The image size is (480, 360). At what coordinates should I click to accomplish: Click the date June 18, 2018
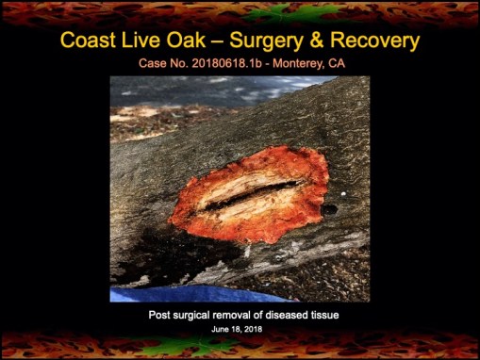pyautogui.click(x=240, y=329)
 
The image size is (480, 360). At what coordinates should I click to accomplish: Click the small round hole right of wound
pyautogui.click(x=329, y=208)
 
